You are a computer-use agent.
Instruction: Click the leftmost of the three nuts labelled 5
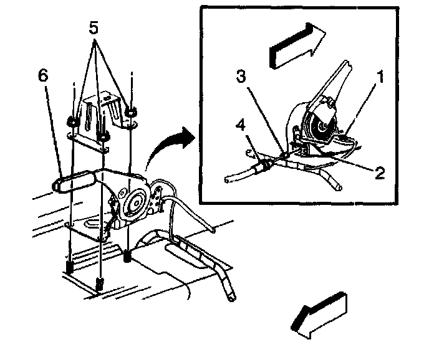click(x=72, y=121)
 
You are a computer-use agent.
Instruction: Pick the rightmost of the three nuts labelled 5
click(x=131, y=112)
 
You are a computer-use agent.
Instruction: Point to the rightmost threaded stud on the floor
click(x=128, y=256)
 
